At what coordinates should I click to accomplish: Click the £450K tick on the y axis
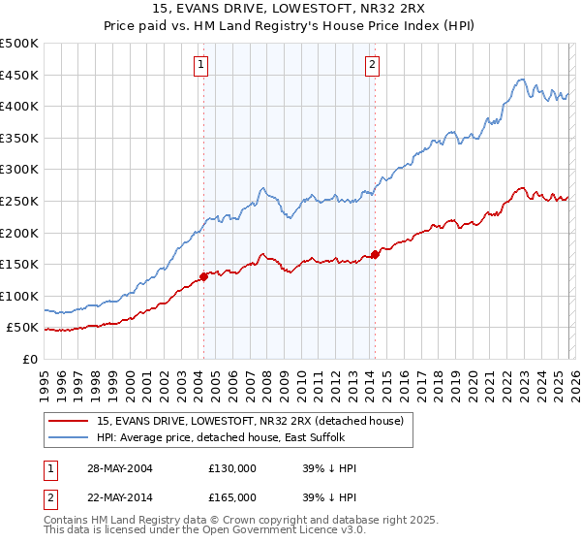[19, 75]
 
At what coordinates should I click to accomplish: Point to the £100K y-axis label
[19, 296]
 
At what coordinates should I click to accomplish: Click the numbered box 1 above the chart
[201, 65]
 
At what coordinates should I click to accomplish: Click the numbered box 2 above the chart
[372, 65]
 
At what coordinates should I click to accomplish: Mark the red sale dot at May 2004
[204, 276]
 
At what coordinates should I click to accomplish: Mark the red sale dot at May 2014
[375, 255]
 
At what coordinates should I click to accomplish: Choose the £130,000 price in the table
[231, 468]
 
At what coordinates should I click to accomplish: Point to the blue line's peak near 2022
[521, 80]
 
